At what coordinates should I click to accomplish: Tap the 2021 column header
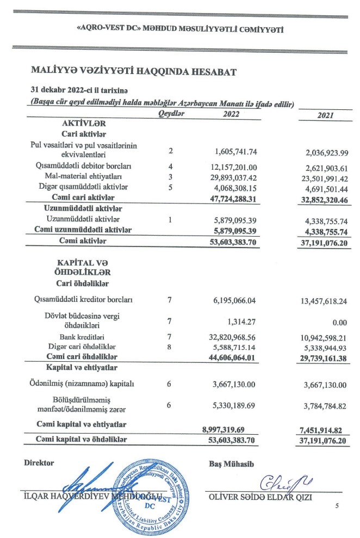coord(325,116)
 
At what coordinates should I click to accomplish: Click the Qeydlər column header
coord(172,114)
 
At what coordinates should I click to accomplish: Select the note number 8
coord(170,347)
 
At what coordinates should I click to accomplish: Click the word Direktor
coord(39,463)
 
